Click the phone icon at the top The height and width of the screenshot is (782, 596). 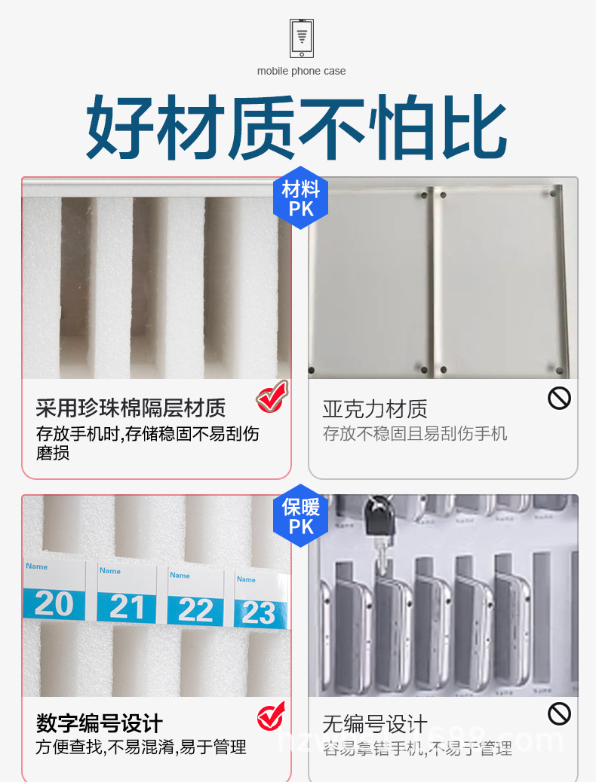click(x=302, y=38)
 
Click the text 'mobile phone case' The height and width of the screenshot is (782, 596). click(x=302, y=71)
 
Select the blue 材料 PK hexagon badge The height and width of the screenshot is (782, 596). click(x=301, y=198)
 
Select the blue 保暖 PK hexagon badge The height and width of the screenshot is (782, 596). click(x=301, y=515)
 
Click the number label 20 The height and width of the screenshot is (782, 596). click(x=54, y=604)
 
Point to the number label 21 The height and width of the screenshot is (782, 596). click(x=126, y=607)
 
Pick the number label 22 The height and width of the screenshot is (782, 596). click(x=195, y=611)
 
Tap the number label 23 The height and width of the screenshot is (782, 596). click(x=259, y=614)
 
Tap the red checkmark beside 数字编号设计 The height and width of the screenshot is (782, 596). click(x=271, y=716)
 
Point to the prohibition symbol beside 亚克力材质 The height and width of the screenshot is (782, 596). click(x=559, y=398)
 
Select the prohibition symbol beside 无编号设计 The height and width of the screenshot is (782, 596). click(x=559, y=713)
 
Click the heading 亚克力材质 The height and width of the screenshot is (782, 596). click(x=375, y=409)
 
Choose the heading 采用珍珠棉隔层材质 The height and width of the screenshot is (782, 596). click(x=131, y=408)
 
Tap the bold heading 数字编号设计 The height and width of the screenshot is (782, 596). click(x=100, y=724)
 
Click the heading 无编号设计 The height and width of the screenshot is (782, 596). click(x=375, y=725)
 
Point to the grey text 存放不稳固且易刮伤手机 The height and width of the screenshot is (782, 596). click(x=415, y=434)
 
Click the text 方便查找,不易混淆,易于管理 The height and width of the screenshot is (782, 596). click(x=141, y=747)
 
